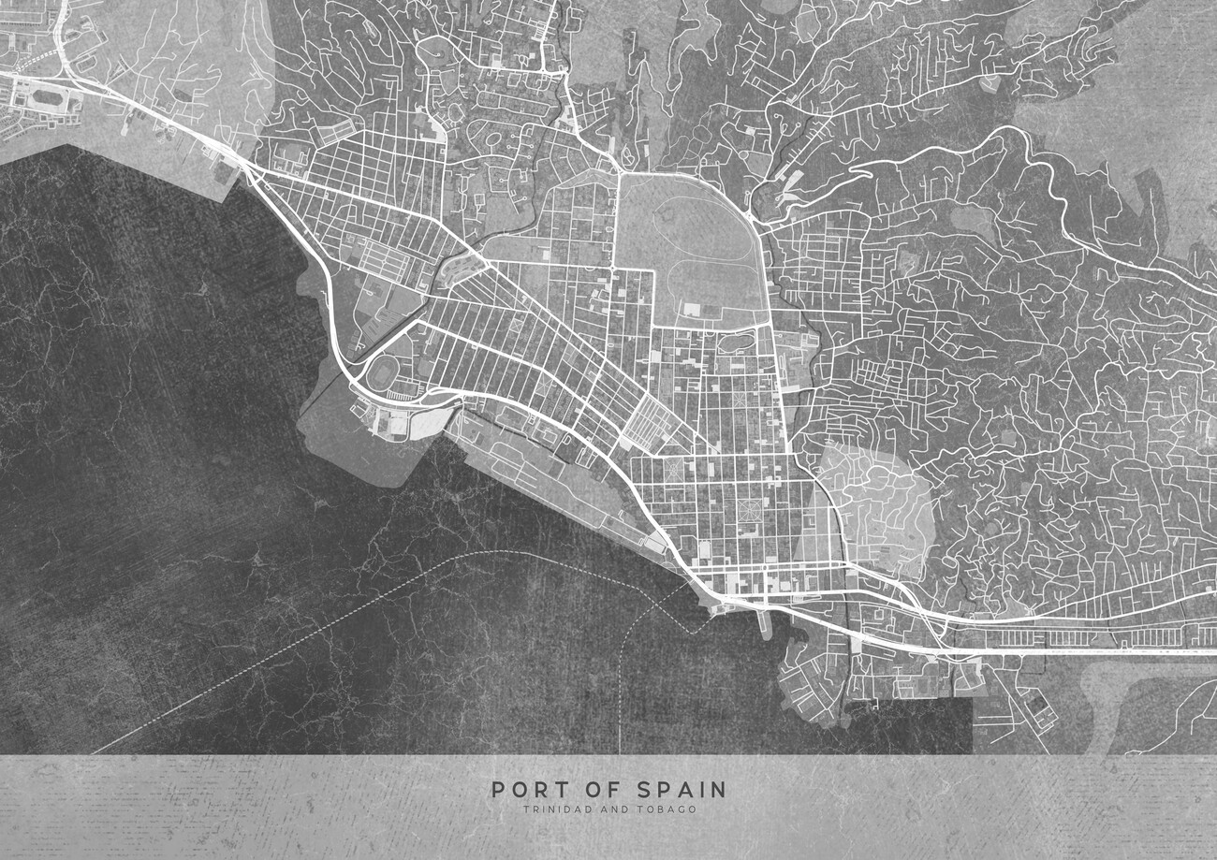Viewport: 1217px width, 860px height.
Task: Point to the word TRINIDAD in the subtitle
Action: pyautogui.click(x=554, y=809)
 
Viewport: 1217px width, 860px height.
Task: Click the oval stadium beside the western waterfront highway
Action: pyautogui.click(x=382, y=372)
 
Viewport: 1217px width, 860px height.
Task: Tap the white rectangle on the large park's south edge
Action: pyautogui.click(x=691, y=309)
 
